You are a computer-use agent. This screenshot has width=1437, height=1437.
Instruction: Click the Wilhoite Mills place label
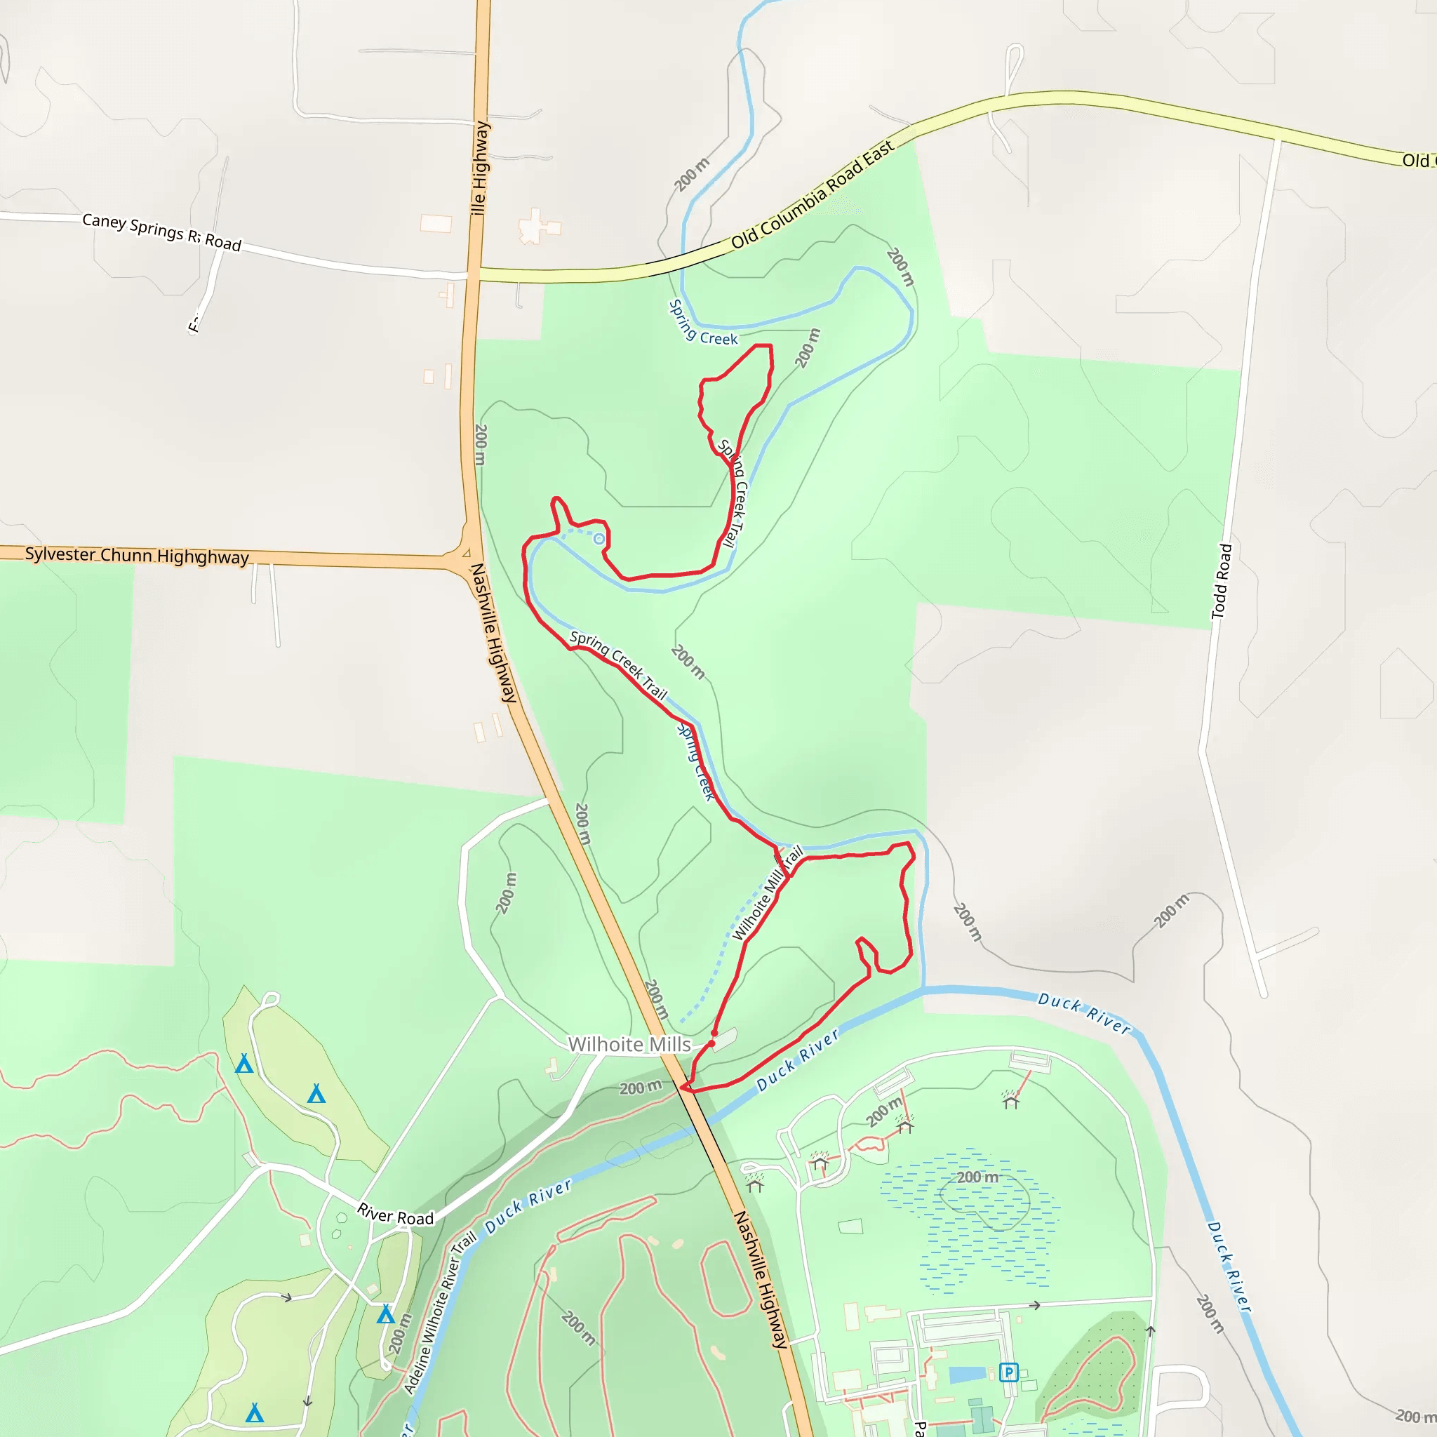point(629,1044)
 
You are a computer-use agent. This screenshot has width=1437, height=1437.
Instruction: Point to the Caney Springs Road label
point(161,232)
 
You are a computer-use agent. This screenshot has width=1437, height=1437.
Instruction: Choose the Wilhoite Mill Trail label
point(768,893)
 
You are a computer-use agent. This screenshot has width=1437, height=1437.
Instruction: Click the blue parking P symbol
point(1008,1372)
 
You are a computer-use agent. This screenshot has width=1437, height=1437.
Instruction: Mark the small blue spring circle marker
point(599,538)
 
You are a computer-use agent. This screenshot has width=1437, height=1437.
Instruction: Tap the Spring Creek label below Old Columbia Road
point(702,323)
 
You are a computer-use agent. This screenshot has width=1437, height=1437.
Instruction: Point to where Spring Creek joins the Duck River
point(923,989)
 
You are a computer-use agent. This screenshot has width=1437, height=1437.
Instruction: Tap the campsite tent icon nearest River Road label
point(385,1314)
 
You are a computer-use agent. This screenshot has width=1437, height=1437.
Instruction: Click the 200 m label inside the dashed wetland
point(977,1177)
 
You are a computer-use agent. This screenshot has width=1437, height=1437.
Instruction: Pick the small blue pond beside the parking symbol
point(967,1374)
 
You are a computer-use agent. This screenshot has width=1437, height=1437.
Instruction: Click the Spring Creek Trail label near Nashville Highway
point(618,664)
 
